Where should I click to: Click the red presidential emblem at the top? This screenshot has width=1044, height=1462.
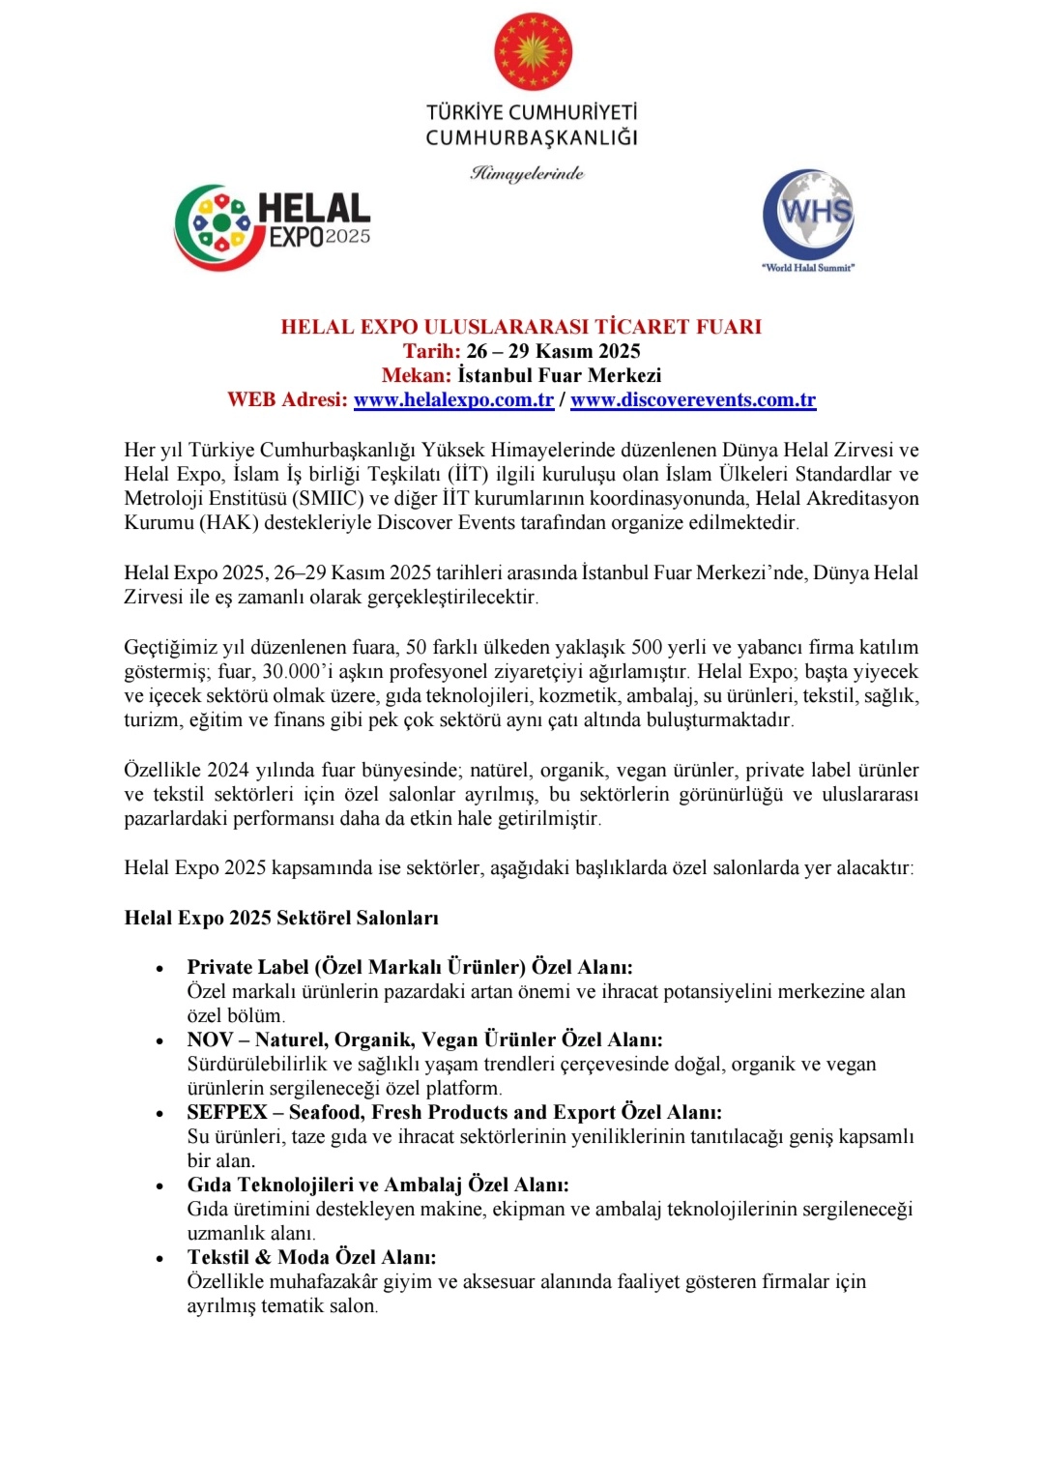[x=533, y=52]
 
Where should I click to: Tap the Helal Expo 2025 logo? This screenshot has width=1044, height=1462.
[x=273, y=226]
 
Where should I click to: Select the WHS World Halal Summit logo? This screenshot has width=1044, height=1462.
[x=808, y=218]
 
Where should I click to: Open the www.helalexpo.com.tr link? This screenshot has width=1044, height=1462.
[x=453, y=400]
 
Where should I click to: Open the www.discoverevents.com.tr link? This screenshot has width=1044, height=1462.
[x=693, y=400]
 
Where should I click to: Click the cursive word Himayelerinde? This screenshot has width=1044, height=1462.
[x=528, y=174]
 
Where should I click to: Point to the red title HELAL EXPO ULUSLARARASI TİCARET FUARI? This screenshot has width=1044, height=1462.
[x=521, y=327]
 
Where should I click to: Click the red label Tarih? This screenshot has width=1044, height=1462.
[x=432, y=351]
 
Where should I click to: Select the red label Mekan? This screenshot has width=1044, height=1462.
[x=416, y=375]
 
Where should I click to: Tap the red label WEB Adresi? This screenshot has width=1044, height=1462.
[x=287, y=400]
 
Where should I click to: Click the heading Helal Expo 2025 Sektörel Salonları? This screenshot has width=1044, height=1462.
[x=281, y=918]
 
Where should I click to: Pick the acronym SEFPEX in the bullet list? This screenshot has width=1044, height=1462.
[x=227, y=1112]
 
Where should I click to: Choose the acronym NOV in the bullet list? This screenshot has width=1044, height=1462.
[x=210, y=1039]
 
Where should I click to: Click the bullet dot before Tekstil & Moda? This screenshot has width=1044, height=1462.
[x=159, y=1259]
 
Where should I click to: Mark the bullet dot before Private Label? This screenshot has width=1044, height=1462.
[x=159, y=969]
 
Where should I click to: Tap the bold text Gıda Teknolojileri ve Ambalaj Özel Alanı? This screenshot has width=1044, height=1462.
[x=378, y=1184]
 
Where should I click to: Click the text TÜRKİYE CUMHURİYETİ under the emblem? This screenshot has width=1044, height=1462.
[x=532, y=112]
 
